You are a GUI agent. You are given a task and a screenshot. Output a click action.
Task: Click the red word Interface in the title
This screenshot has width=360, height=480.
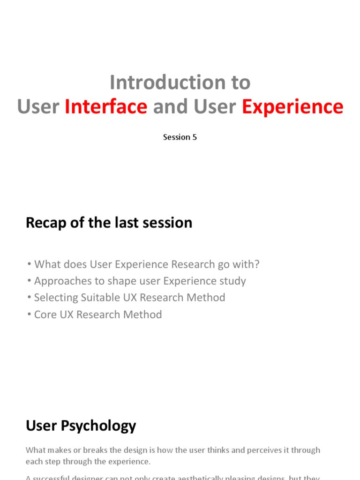106,106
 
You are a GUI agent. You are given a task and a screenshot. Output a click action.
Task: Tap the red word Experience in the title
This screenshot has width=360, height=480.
292,106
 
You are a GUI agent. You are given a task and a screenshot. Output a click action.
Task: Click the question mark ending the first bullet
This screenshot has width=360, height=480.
256,264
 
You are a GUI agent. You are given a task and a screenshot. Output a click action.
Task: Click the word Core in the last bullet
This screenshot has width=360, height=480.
45,315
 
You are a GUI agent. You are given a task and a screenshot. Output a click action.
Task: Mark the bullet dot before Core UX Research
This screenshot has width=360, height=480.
29,315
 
